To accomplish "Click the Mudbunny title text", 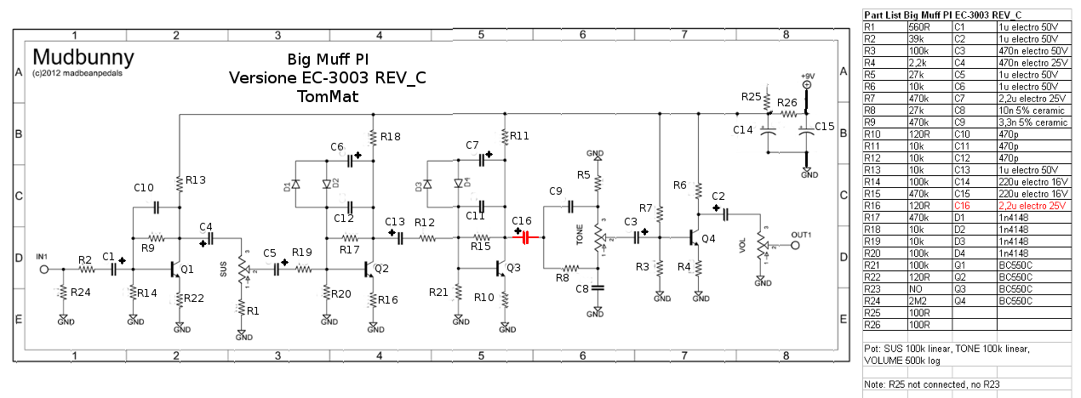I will tap(83, 58).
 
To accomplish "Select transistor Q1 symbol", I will tap(176, 269).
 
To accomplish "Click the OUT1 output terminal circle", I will tap(796, 247).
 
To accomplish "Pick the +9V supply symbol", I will tap(806, 84).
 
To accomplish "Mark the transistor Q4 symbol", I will tap(695, 239).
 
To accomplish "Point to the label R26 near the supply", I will tap(787, 103).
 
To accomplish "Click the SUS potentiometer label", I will tap(225, 269).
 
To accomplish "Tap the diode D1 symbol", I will tap(295, 185).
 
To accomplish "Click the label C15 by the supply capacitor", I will tap(825, 127).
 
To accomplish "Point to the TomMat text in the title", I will tap(328, 97).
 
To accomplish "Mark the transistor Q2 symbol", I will tap(370, 269).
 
